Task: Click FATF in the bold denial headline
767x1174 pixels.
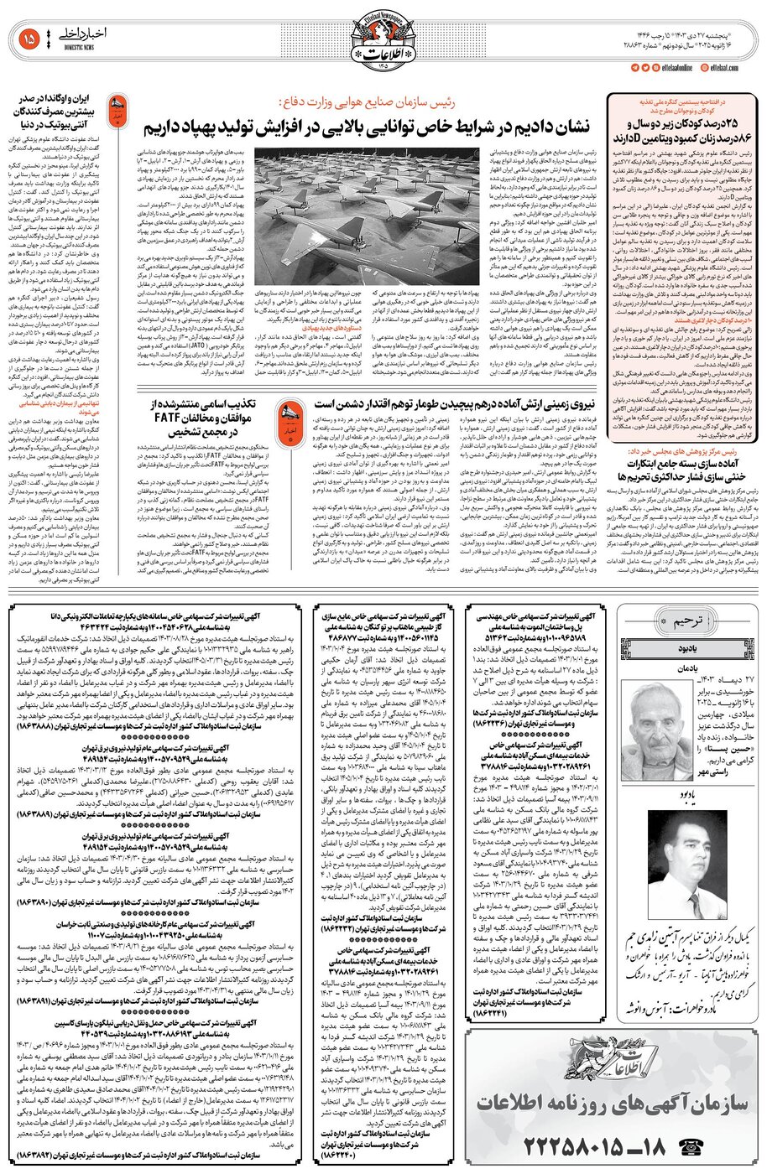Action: [182, 418]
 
